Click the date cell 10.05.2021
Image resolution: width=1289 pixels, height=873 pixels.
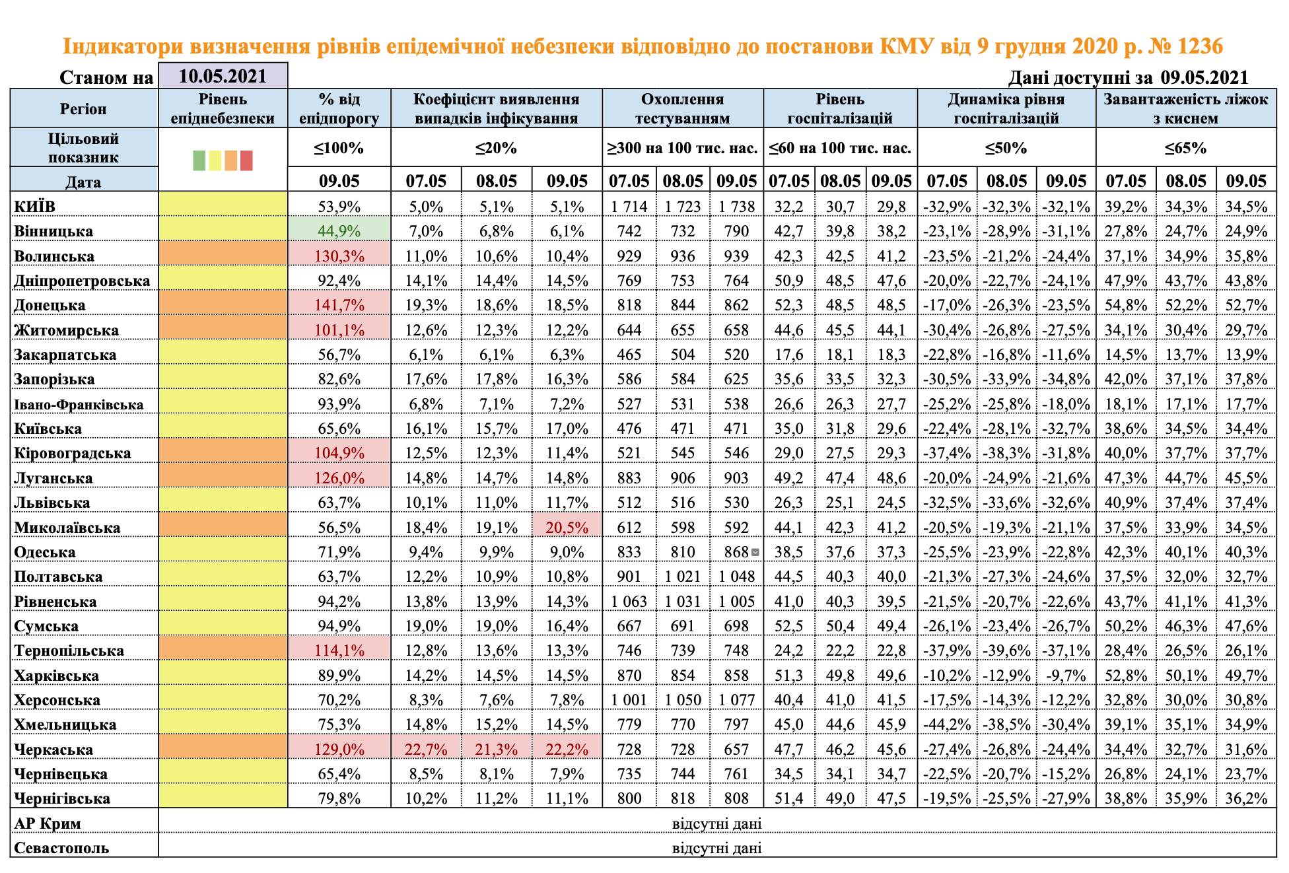tap(223, 76)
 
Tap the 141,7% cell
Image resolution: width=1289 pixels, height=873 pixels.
tap(339, 305)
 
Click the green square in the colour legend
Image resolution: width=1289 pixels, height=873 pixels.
tap(199, 160)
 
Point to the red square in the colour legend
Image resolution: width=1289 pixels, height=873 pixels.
tap(246, 160)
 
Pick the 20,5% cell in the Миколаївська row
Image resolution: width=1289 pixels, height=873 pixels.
tap(567, 528)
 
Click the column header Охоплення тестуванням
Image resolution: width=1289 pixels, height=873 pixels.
tap(683, 108)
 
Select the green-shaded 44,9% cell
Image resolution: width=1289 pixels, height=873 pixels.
tap(339, 231)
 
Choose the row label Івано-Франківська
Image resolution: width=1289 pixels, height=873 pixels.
tap(79, 404)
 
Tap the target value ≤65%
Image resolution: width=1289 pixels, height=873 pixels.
tap(1185, 148)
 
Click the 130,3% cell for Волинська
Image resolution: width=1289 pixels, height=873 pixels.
tap(339, 256)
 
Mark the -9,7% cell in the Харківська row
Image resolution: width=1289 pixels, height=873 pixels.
tap(1066, 676)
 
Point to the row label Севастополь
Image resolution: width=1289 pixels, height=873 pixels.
tap(61, 848)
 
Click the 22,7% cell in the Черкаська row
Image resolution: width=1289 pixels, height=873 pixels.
tap(426, 750)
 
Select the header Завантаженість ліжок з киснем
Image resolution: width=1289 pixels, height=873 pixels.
tap(1185, 108)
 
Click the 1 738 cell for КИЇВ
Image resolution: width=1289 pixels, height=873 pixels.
tap(736, 207)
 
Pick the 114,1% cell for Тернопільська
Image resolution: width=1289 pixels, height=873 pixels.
tap(339, 650)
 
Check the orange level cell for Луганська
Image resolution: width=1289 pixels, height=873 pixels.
tap(223, 477)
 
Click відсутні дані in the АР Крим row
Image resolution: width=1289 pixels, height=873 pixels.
tap(716, 823)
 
